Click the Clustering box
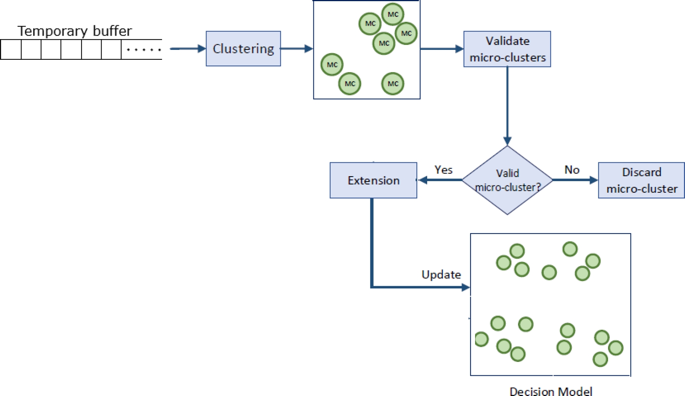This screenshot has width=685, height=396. point(243,49)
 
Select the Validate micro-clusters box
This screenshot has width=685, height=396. point(507,49)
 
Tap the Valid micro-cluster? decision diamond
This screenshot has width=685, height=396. point(507,180)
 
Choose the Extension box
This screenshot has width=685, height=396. point(374,180)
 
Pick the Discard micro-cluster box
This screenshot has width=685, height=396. point(641,180)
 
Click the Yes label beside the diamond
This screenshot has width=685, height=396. point(443,170)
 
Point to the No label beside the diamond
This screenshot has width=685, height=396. point(572,170)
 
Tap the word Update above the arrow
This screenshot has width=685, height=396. point(441,275)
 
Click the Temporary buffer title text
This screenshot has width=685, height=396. point(75,31)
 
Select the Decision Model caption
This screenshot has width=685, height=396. point(551,391)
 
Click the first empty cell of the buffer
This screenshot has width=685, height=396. point(11,49)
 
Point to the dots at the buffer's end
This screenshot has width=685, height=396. point(143,49)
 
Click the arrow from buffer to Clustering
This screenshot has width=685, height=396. point(188,49)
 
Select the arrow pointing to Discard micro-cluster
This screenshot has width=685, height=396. point(575,180)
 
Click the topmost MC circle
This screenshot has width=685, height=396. point(393,14)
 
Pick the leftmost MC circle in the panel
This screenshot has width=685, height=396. point(332,64)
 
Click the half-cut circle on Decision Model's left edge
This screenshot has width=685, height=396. point(481,339)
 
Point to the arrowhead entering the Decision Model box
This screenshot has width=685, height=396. point(466,287)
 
